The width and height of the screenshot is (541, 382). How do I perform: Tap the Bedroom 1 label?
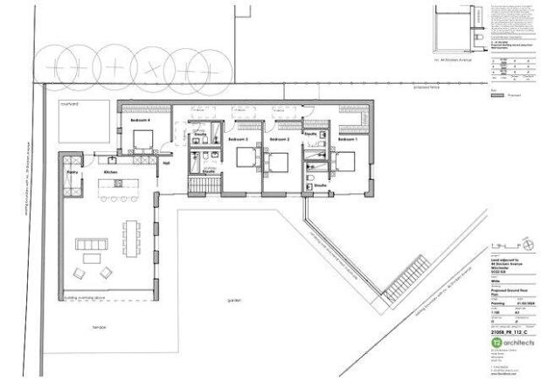(x=348, y=140)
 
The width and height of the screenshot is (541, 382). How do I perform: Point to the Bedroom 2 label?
(x=279, y=140)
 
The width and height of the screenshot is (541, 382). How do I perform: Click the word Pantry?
(x=73, y=173)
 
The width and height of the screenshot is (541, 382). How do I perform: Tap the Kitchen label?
(x=110, y=173)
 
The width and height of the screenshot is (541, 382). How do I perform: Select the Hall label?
(x=166, y=162)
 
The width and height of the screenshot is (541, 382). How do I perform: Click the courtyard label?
(x=70, y=103)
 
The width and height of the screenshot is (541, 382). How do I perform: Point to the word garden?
(x=233, y=300)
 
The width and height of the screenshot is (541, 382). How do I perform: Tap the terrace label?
(x=100, y=327)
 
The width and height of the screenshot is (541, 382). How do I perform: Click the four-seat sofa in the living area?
(x=90, y=242)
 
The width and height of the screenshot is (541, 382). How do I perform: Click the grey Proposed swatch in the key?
(x=498, y=99)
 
